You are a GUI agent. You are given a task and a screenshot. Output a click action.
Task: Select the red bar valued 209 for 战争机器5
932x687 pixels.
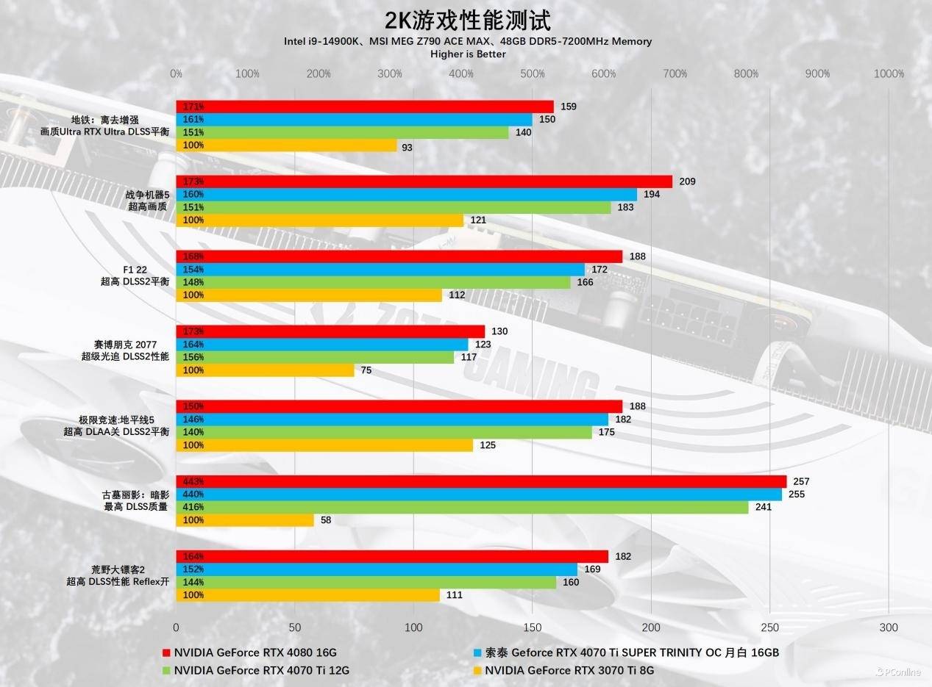point(424,181)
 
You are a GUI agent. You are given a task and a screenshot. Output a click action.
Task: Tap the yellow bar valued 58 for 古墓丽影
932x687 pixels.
point(245,520)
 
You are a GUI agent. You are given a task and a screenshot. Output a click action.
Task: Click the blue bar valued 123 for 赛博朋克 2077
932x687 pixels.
point(322,344)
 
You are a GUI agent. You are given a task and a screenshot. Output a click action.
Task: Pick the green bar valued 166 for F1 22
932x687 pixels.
point(373,282)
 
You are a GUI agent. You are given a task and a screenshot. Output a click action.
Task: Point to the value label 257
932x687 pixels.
point(801,481)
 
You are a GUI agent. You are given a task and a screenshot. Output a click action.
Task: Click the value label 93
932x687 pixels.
point(407,148)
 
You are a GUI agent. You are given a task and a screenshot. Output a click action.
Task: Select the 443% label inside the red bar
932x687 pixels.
point(193,481)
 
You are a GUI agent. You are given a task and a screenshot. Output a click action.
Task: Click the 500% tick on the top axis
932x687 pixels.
point(532,73)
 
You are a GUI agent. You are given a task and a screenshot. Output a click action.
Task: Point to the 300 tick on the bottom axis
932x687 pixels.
point(889,627)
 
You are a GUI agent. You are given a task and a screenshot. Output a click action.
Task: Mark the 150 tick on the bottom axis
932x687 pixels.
point(532,627)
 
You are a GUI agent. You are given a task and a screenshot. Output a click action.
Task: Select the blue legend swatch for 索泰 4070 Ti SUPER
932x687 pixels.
point(477,652)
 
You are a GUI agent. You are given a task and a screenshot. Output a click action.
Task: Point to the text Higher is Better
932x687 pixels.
point(468,54)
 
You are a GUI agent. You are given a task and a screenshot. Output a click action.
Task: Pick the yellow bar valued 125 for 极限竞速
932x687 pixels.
point(324,445)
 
